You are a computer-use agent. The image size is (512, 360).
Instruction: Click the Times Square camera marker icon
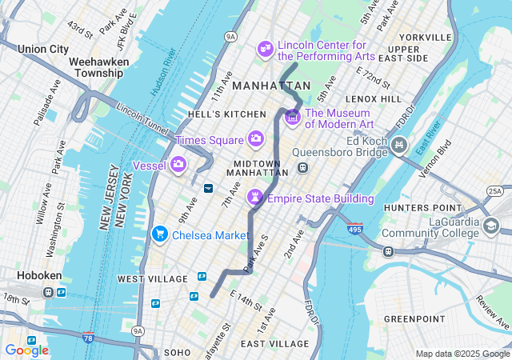256,139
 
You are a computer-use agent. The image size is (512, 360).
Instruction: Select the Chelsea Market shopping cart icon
159,234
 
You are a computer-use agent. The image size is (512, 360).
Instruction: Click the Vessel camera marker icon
178,165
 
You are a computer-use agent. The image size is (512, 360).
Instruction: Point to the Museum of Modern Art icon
292,118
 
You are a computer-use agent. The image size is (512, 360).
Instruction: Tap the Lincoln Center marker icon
265,50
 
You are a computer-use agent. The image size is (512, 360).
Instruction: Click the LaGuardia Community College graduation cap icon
490,226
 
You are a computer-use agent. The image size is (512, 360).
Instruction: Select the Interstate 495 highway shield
355,230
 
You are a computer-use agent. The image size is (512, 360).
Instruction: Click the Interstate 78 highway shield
88,338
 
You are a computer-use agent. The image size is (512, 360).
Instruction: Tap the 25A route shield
495,190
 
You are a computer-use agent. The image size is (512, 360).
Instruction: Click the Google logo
26,350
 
